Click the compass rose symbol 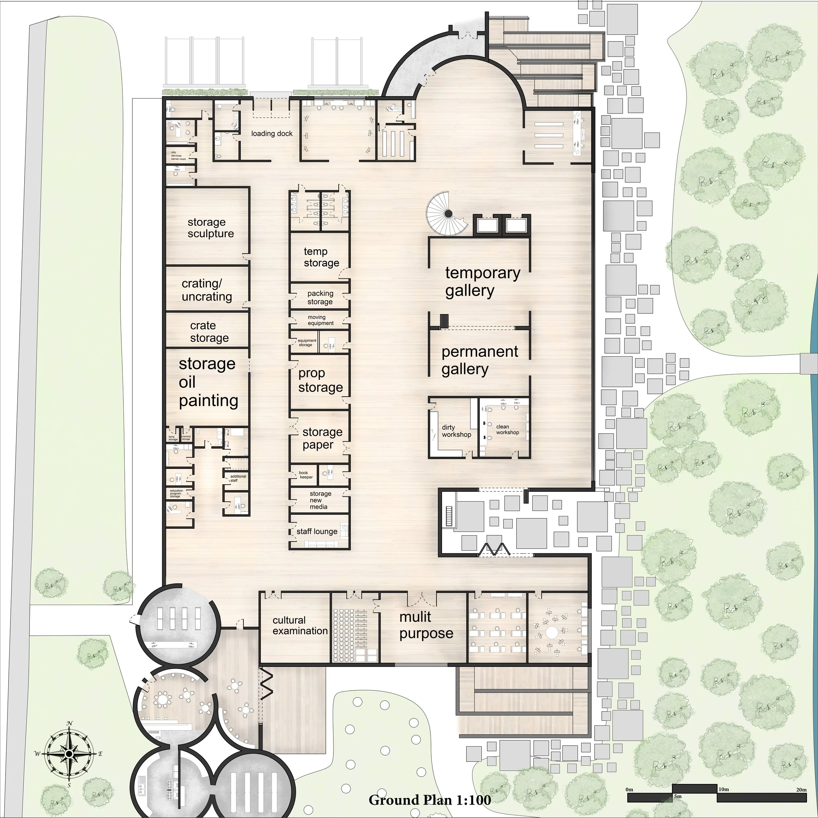point(69,753)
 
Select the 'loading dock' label point(272,134)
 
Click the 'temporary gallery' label point(482,282)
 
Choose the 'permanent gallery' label point(479,360)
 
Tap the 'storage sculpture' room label point(210,228)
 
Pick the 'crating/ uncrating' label point(206,290)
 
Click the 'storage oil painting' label point(207,382)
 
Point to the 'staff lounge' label point(317,531)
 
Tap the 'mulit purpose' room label point(426,625)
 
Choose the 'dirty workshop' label point(456,431)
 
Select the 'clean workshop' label point(507,429)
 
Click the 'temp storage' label point(321,257)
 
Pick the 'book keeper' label point(306,475)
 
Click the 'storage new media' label point(320,500)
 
